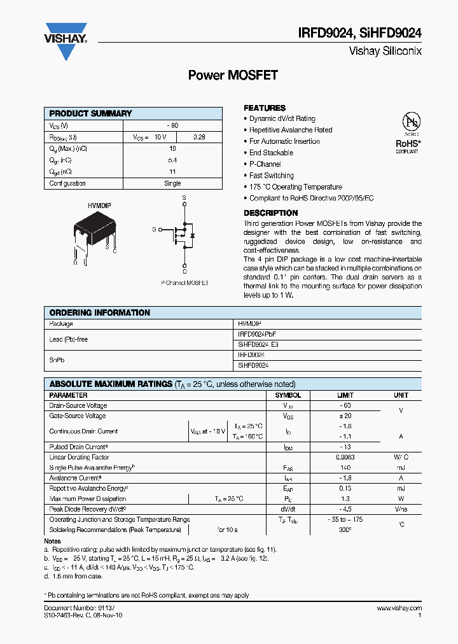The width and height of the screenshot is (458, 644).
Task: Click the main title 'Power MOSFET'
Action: (x=233, y=75)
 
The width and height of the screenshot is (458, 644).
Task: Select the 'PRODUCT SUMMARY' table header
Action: (x=91, y=113)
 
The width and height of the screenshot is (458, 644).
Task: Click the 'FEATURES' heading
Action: (x=265, y=108)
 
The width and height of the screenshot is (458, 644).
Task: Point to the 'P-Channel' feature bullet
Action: (x=265, y=164)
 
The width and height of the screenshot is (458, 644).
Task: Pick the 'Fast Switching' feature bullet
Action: (x=271, y=176)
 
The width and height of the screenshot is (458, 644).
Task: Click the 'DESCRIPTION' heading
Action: (x=270, y=213)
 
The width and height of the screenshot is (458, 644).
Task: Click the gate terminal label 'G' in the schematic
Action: (x=153, y=229)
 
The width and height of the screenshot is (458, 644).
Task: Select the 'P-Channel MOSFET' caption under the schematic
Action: (x=184, y=283)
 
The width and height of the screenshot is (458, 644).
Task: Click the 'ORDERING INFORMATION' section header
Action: (x=100, y=313)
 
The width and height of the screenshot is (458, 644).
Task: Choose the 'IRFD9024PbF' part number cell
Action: (x=257, y=334)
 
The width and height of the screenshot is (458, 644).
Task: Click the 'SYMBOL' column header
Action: (x=288, y=395)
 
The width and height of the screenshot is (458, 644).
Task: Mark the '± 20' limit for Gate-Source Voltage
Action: (x=344, y=416)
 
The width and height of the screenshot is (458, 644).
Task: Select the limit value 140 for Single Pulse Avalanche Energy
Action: (x=344, y=467)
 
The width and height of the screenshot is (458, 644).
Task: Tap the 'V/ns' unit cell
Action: (x=401, y=509)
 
